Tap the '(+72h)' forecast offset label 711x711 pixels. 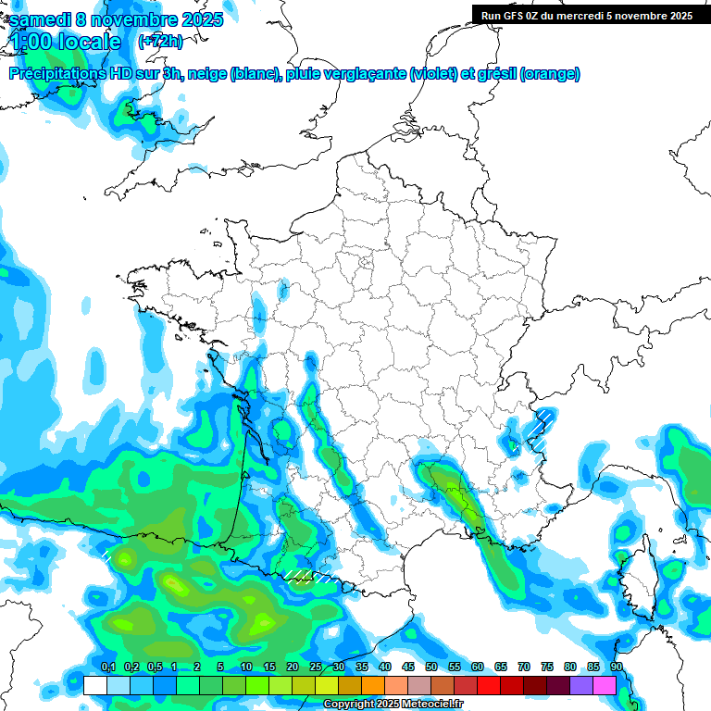point(160,41)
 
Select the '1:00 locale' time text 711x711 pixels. point(65,41)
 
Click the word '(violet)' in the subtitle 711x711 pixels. point(433,73)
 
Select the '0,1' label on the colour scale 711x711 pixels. point(107,667)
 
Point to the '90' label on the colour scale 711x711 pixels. point(616,667)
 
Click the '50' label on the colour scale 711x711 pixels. point(431,667)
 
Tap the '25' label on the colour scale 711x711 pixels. point(316,667)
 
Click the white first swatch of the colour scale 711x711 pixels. point(94,685)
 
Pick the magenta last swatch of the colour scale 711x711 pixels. point(605,685)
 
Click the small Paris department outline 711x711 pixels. point(365,262)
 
